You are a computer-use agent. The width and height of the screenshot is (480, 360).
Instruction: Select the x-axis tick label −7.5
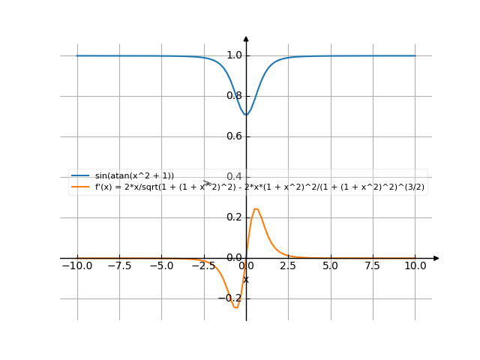[118, 266]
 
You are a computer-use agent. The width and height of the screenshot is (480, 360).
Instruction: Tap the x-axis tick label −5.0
[160, 266]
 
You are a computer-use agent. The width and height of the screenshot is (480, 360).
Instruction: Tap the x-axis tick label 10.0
[415, 266]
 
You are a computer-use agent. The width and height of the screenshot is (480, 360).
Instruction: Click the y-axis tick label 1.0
[233, 55]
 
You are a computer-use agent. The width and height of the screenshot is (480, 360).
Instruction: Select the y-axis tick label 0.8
[233, 96]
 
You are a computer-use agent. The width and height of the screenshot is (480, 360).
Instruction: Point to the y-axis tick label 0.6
[233, 136]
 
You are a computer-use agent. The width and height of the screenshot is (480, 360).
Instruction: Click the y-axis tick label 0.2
[233, 217]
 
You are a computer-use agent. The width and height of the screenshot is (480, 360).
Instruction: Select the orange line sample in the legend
[80, 186]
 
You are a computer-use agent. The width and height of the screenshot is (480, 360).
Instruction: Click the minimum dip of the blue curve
[246, 115]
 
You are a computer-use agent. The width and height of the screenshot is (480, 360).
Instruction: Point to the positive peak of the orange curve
[256, 208]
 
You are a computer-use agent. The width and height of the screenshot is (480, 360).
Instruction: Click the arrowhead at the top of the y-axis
[246, 38]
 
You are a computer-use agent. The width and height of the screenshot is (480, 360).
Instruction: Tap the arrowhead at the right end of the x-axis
[436, 258]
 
